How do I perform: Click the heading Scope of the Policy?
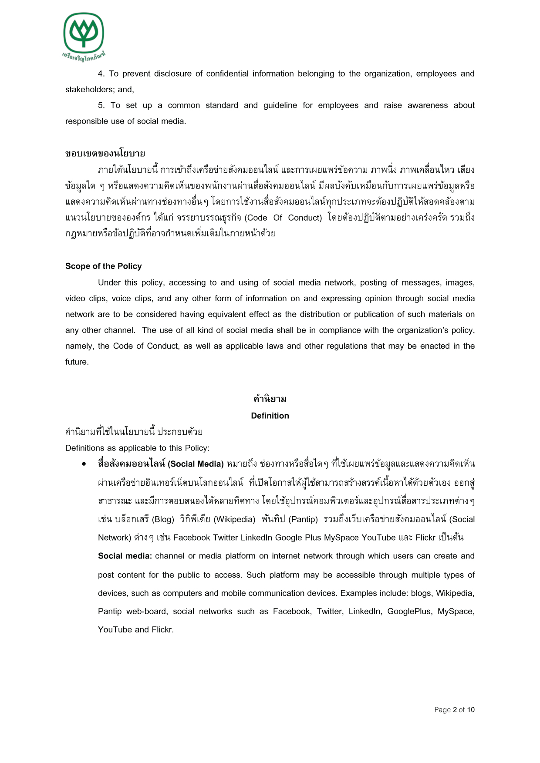click(103, 266)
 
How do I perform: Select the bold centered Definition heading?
click(270, 416)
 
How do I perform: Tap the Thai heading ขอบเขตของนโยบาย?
click(105, 153)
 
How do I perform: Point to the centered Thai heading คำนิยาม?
click(270, 399)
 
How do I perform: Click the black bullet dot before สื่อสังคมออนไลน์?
click(84, 464)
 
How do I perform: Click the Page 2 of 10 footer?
click(454, 710)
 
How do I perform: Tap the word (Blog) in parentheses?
click(164, 519)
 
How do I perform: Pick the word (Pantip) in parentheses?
click(303, 519)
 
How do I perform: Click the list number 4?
click(101, 74)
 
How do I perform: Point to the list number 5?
click(101, 105)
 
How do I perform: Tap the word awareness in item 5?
click(427, 105)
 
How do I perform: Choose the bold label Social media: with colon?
click(125, 556)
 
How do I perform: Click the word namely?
click(80, 346)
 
